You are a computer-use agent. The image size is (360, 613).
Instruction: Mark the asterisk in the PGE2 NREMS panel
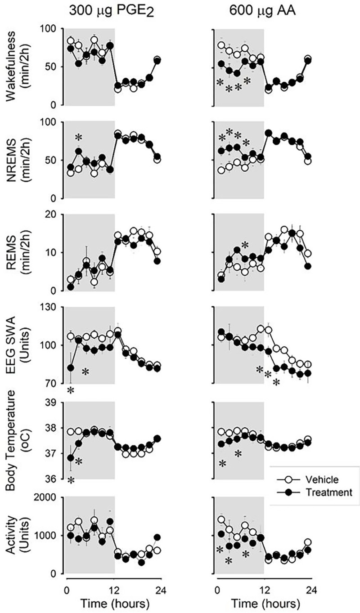79,138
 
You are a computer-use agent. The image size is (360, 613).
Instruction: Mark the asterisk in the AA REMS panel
245,245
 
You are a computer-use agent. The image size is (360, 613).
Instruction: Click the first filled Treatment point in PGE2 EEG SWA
70,367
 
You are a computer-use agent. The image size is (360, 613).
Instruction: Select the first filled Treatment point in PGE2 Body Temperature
70,458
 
